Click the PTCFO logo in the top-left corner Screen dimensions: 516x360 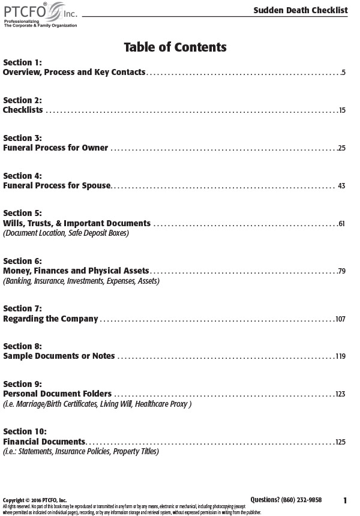pos(40,13)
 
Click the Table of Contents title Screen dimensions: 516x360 pos(175,47)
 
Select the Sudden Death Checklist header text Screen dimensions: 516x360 pos(300,10)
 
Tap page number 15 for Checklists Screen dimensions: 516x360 pos(341,110)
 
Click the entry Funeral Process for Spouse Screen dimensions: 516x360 pos(57,185)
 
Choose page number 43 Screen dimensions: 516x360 pos(341,186)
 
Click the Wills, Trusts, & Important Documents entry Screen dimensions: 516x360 pos(77,223)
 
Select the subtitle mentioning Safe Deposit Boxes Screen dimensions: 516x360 pos(66,233)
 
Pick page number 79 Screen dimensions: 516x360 pos(341,271)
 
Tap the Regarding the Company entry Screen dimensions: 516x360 pos(50,319)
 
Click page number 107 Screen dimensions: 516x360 pos(340,319)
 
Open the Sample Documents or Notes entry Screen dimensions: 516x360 pos(59,356)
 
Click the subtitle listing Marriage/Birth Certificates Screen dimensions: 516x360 pos(97,404)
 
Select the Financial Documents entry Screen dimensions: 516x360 pos(44,442)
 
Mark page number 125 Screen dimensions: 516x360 pos(340,442)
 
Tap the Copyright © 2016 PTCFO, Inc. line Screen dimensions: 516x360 pos(35,500)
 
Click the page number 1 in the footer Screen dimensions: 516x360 pos(345,500)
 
